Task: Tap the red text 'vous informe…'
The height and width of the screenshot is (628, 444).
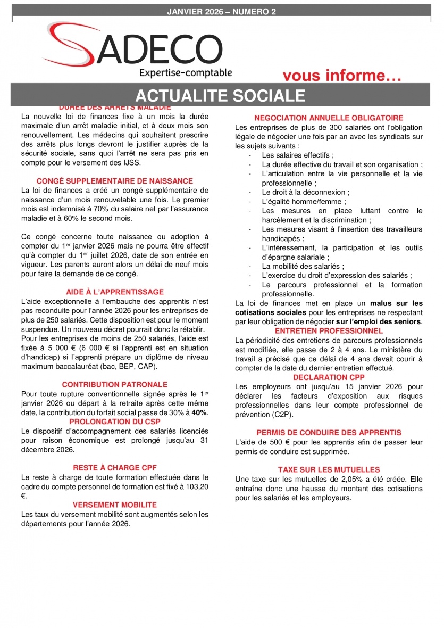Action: [x=341, y=76]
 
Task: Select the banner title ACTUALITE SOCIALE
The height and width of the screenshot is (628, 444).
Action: [x=220, y=95]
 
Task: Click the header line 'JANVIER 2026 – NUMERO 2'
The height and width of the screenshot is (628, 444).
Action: [x=221, y=12]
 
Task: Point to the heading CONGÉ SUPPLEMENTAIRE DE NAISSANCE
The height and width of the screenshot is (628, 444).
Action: [x=115, y=181]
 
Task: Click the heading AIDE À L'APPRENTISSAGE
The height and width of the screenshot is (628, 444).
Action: [x=115, y=292]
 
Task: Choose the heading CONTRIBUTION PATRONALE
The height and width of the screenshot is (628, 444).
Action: [x=115, y=384]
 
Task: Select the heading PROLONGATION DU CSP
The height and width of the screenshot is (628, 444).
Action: [x=115, y=422]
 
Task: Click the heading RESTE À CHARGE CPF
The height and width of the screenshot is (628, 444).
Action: [x=115, y=468]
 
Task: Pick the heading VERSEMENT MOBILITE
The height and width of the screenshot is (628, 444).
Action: [x=115, y=505]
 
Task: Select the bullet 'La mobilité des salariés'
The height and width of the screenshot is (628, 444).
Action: [x=303, y=266]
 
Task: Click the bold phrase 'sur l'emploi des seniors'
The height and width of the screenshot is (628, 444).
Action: [x=379, y=321]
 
